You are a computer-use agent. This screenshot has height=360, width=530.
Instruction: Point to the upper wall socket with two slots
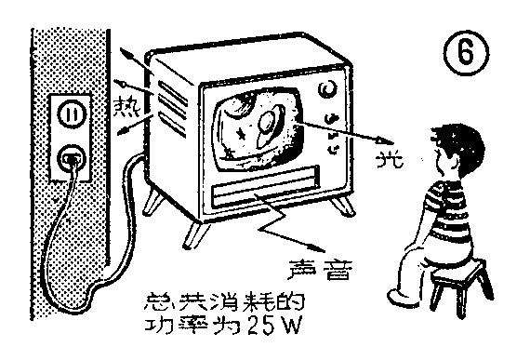click(x=72, y=113)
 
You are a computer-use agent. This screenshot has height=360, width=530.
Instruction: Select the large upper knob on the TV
click(x=328, y=91)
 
